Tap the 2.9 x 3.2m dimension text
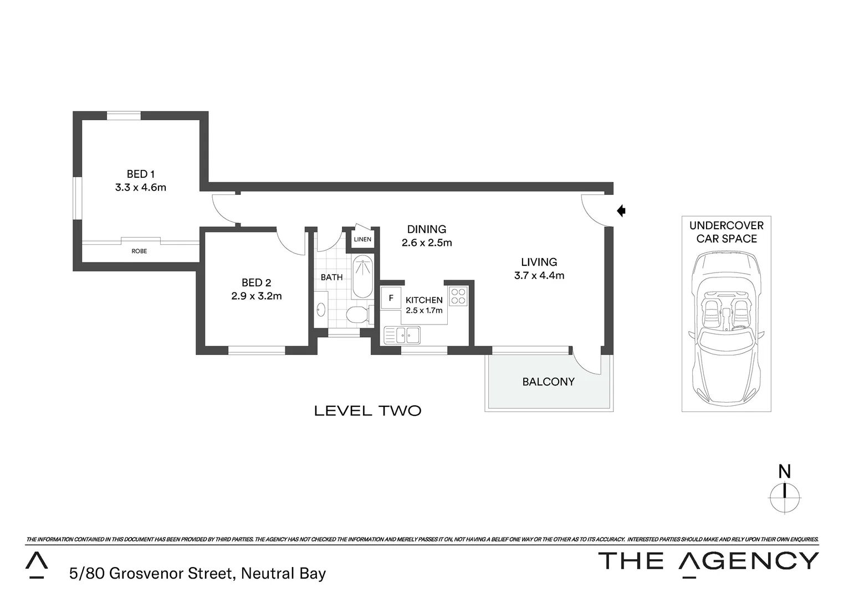pyautogui.click(x=257, y=296)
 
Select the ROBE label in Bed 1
pyautogui.click(x=139, y=251)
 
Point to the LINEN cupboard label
pyautogui.click(x=362, y=239)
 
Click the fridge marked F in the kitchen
pyautogui.click(x=391, y=298)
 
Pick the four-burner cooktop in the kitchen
pyautogui.click(x=458, y=296)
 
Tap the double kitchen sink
pyautogui.click(x=402, y=334)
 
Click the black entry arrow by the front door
pyautogui.click(x=621, y=210)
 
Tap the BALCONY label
pyautogui.click(x=548, y=382)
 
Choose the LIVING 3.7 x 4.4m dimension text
pyautogui.click(x=539, y=276)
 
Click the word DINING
pyautogui.click(x=426, y=229)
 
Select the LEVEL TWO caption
pyautogui.click(x=367, y=411)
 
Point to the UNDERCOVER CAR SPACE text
pyautogui.click(x=726, y=232)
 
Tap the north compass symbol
pyautogui.click(x=785, y=492)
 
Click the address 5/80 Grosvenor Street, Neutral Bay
pyautogui.click(x=197, y=574)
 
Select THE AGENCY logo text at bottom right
pyautogui.click(x=709, y=561)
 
